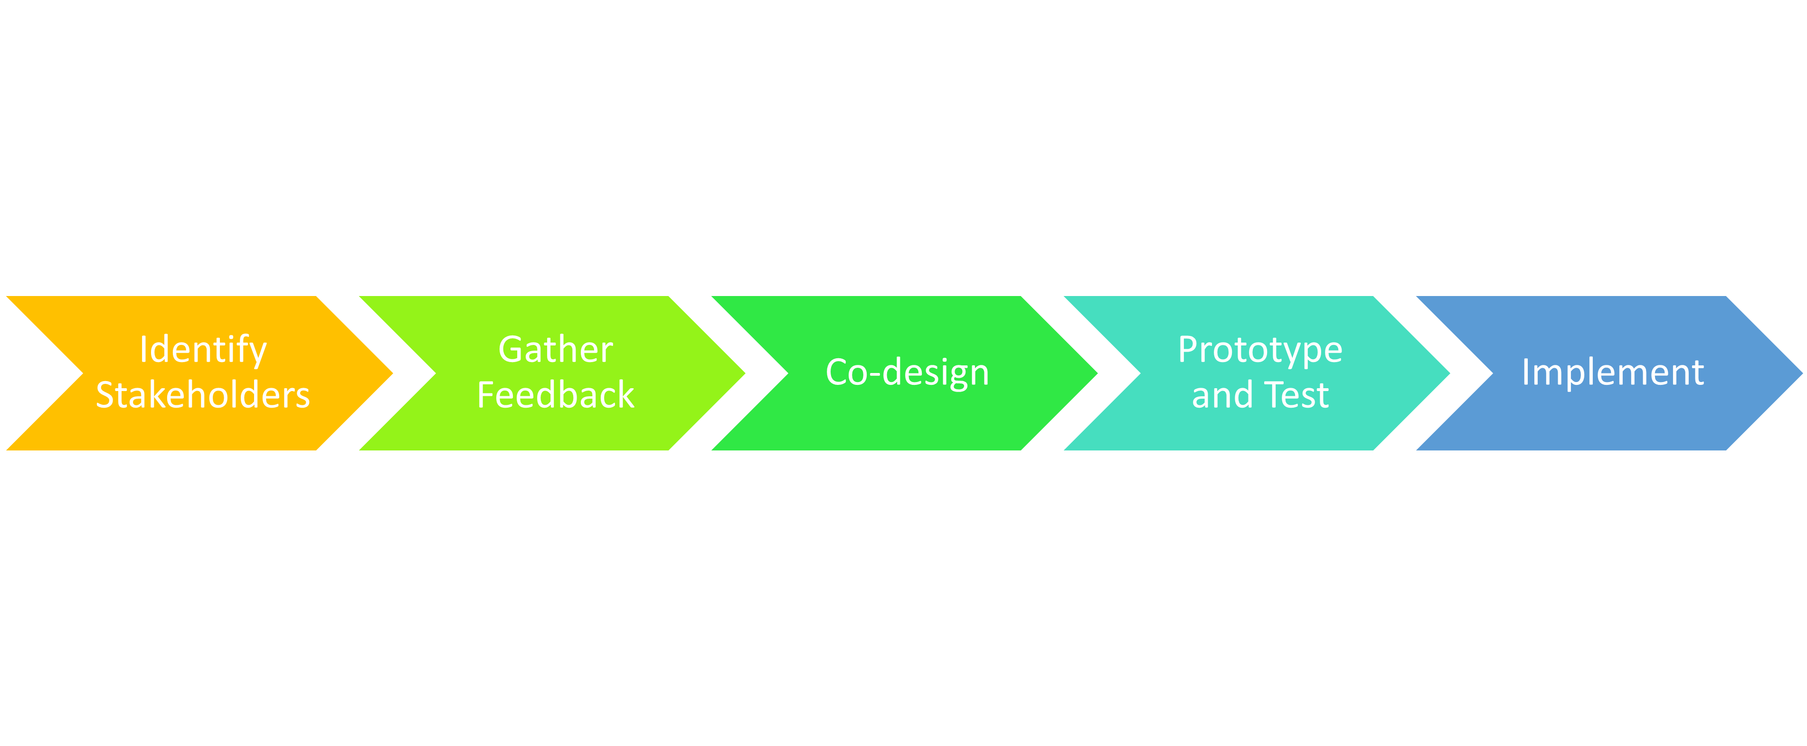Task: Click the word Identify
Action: click(x=203, y=350)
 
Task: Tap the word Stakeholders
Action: click(x=203, y=395)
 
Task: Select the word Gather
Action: click(x=556, y=350)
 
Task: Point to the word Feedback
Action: click(x=556, y=395)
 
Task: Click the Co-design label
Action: click(x=907, y=372)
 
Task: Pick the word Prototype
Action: click(x=1260, y=350)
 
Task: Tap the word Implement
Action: click(x=1613, y=372)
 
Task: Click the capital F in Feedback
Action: click(x=485, y=395)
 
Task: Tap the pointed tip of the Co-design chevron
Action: click(x=1098, y=373)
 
